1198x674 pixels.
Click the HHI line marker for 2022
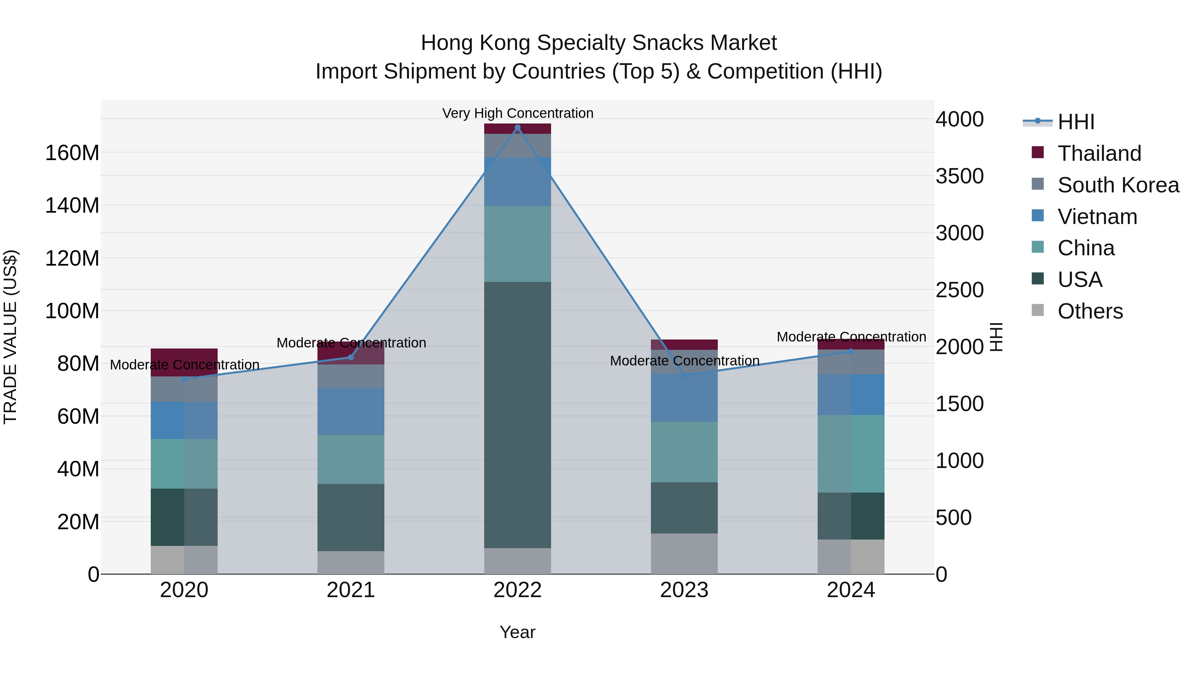pyautogui.click(x=517, y=127)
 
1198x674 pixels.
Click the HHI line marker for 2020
pyautogui.click(x=184, y=379)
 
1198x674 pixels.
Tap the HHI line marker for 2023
pyautogui.click(x=684, y=375)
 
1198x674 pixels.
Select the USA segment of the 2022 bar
pyautogui.click(x=517, y=414)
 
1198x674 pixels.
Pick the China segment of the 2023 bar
pyautogui.click(x=684, y=452)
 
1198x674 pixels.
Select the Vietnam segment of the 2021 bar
pyautogui.click(x=351, y=411)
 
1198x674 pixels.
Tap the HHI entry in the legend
pyautogui.click(x=1076, y=122)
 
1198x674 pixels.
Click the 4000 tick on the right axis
pyautogui.click(x=959, y=119)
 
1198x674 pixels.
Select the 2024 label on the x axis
pyautogui.click(x=851, y=590)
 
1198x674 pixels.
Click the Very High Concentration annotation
pyautogui.click(x=517, y=113)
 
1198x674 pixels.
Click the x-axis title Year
pyautogui.click(x=517, y=632)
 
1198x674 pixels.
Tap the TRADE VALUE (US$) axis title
pyautogui.click(x=10, y=337)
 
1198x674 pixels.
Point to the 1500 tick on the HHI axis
pyautogui.click(x=959, y=404)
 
